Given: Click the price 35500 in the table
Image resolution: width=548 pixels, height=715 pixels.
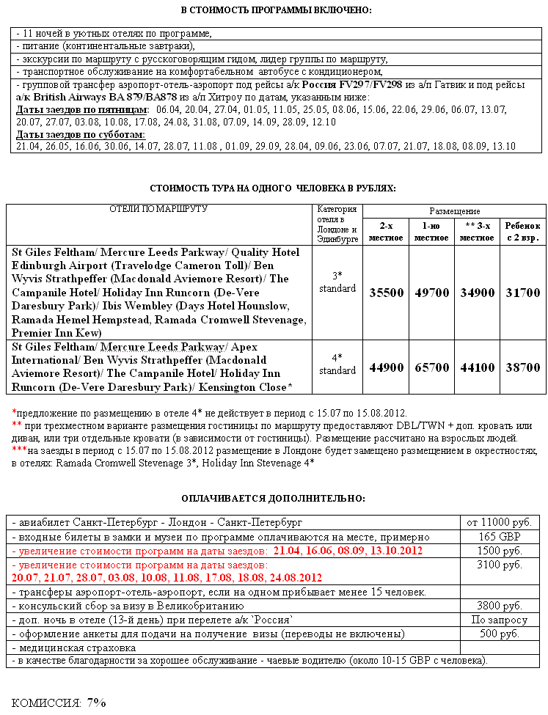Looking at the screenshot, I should coord(386,293).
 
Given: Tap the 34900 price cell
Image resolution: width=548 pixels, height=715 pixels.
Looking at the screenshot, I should coord(478,293).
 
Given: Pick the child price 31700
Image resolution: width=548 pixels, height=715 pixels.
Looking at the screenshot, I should coord(523,293).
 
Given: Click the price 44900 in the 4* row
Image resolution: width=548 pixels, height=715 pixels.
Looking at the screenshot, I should coord(386,367).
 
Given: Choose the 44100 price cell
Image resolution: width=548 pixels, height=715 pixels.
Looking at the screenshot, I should coord(478,367).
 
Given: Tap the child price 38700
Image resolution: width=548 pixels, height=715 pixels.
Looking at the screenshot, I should coord(523,367).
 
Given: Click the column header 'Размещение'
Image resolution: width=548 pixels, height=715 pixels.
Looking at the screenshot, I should coord(455,211).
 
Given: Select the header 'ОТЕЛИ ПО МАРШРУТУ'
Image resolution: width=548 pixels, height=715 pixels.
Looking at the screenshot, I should coord(158,209).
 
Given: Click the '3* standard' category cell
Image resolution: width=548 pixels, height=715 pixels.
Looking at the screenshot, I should coord(337,282).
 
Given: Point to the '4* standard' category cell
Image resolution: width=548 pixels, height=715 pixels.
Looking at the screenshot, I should coord(337,364).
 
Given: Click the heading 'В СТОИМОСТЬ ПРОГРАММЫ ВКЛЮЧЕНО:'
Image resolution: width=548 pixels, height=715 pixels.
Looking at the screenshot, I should coord(276,10).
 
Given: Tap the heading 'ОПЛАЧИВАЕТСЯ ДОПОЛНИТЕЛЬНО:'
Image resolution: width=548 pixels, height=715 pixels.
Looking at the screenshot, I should coord(273,499).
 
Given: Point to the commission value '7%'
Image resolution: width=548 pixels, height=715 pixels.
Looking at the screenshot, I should coord(97,702).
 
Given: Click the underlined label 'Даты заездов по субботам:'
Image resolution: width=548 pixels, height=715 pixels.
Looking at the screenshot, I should coord(80,134).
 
